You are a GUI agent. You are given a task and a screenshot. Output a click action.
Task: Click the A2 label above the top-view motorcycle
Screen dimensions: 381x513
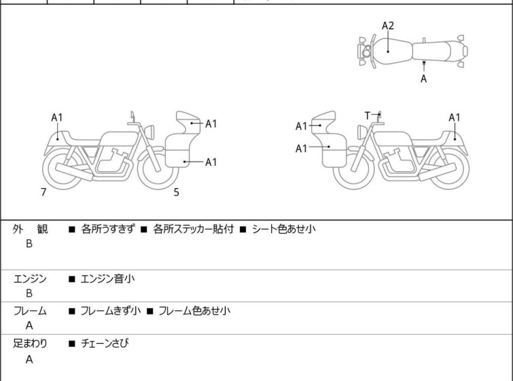click(388, 26)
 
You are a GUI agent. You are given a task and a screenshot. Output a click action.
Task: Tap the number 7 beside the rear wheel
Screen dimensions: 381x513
click(43, 192)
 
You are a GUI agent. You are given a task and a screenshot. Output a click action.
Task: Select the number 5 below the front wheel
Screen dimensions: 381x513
click(177, 192)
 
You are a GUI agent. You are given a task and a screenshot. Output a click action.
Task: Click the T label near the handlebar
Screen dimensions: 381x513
click(368, 115)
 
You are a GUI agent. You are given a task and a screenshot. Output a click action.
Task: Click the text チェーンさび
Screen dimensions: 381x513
click(105, 344)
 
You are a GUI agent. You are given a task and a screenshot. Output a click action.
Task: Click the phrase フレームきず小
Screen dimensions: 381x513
click(111, 311)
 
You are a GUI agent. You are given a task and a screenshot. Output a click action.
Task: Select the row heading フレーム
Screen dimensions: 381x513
click(31, 311)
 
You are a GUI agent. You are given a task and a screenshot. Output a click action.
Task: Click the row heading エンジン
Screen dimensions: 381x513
click(31, 278)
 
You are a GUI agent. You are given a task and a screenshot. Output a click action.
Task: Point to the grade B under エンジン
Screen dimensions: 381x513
click(29, 293)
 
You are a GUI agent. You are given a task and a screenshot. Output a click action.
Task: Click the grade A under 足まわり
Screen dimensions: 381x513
click(29, 360)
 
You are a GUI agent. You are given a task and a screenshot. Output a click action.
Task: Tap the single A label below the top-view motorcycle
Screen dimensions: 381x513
click(424, 79)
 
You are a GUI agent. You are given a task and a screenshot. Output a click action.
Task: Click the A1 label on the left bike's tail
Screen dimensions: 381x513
click(58, 117)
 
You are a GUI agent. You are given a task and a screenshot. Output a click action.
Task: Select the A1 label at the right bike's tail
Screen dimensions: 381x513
click(455, 117)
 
